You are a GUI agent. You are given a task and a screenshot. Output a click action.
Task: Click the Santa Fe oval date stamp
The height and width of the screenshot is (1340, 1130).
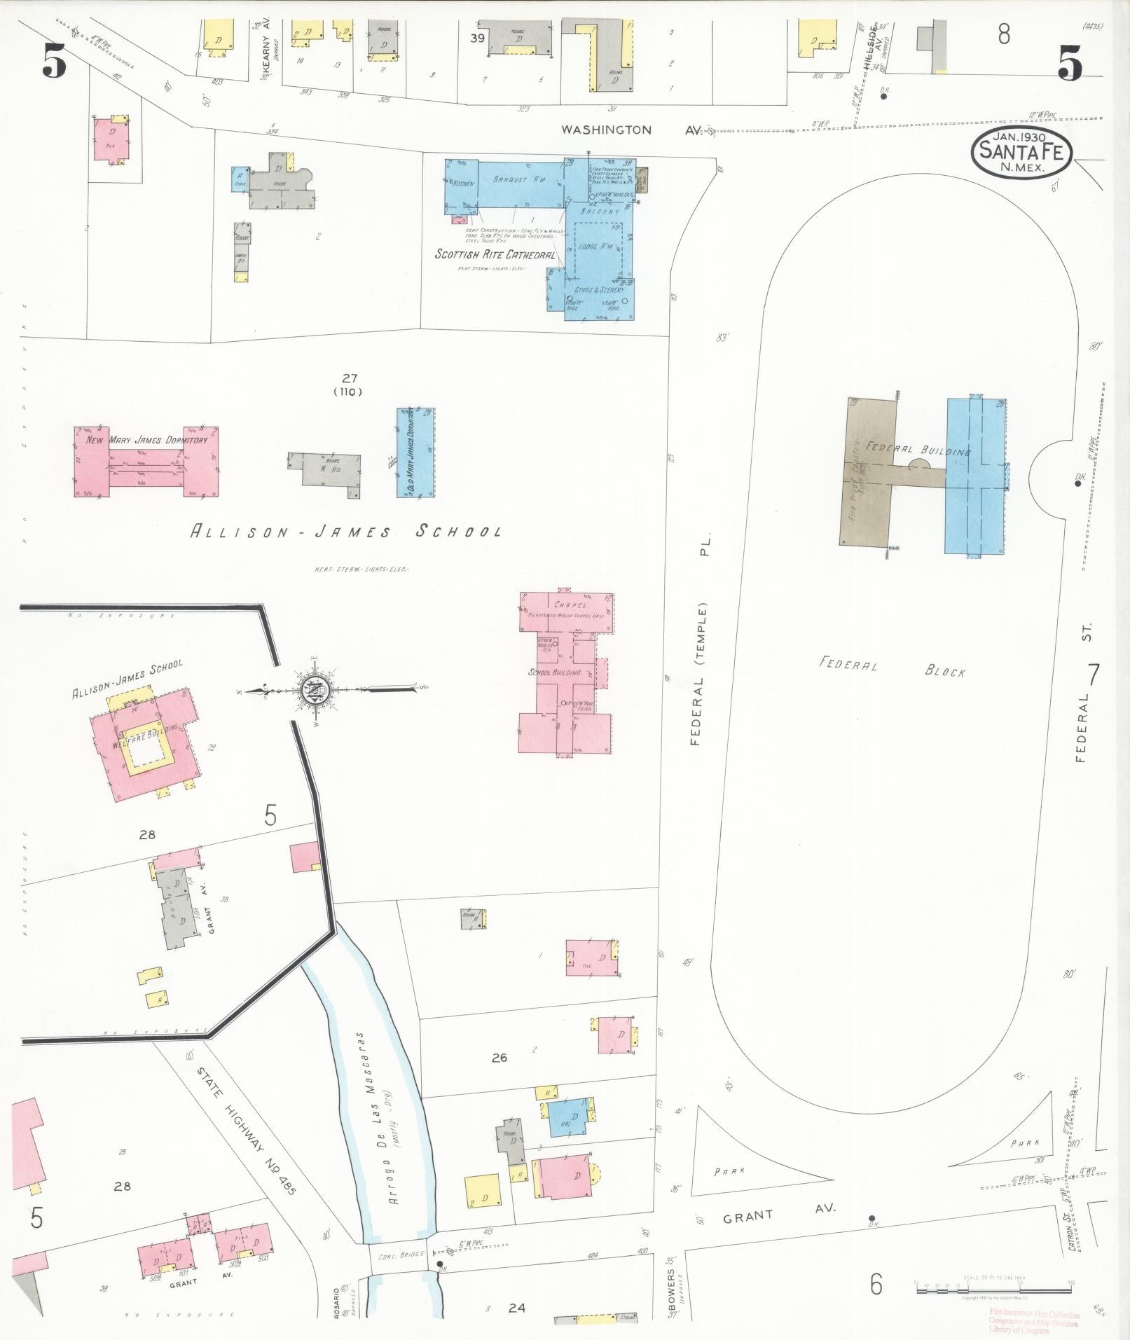tap(1021, 152)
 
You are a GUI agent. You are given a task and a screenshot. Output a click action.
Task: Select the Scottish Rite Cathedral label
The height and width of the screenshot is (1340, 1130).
tap(495, 254)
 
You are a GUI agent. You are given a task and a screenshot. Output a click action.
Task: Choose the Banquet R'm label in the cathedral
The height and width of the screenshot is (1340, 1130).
tap(519, 180)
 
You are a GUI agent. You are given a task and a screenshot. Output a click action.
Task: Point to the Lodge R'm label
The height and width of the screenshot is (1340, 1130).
tap(596, 247)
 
